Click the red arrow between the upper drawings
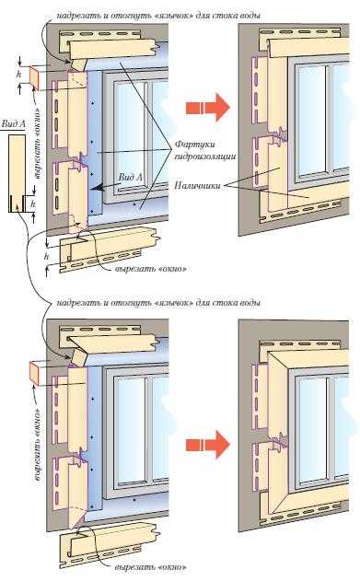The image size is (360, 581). click(x=207, y=108)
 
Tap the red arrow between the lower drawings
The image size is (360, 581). click(x=207, y=445)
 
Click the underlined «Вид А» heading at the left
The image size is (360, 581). click(x=13, y=124)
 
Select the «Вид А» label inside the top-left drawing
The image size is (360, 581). click(x=131, y=177)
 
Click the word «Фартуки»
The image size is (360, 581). click(x=194, y=144)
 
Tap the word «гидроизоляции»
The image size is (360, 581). click(x=204, y=157)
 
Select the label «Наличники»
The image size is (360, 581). click(x=197, y=185)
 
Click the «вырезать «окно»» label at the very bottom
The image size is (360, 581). click(x=151, y=567)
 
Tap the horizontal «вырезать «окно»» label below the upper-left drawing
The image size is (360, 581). click(x=151, y=268)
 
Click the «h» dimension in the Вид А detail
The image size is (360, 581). click(x=33, y=203)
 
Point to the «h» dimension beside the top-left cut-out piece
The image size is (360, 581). click(x=18, y=74)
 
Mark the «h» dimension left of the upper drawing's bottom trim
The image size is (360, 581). click(x=47, y=256)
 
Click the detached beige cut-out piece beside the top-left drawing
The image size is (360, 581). click(x=34, y=77)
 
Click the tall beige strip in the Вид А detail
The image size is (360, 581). click(x=17, y=173)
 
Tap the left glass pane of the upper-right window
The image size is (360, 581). click(x=311, y=120)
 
